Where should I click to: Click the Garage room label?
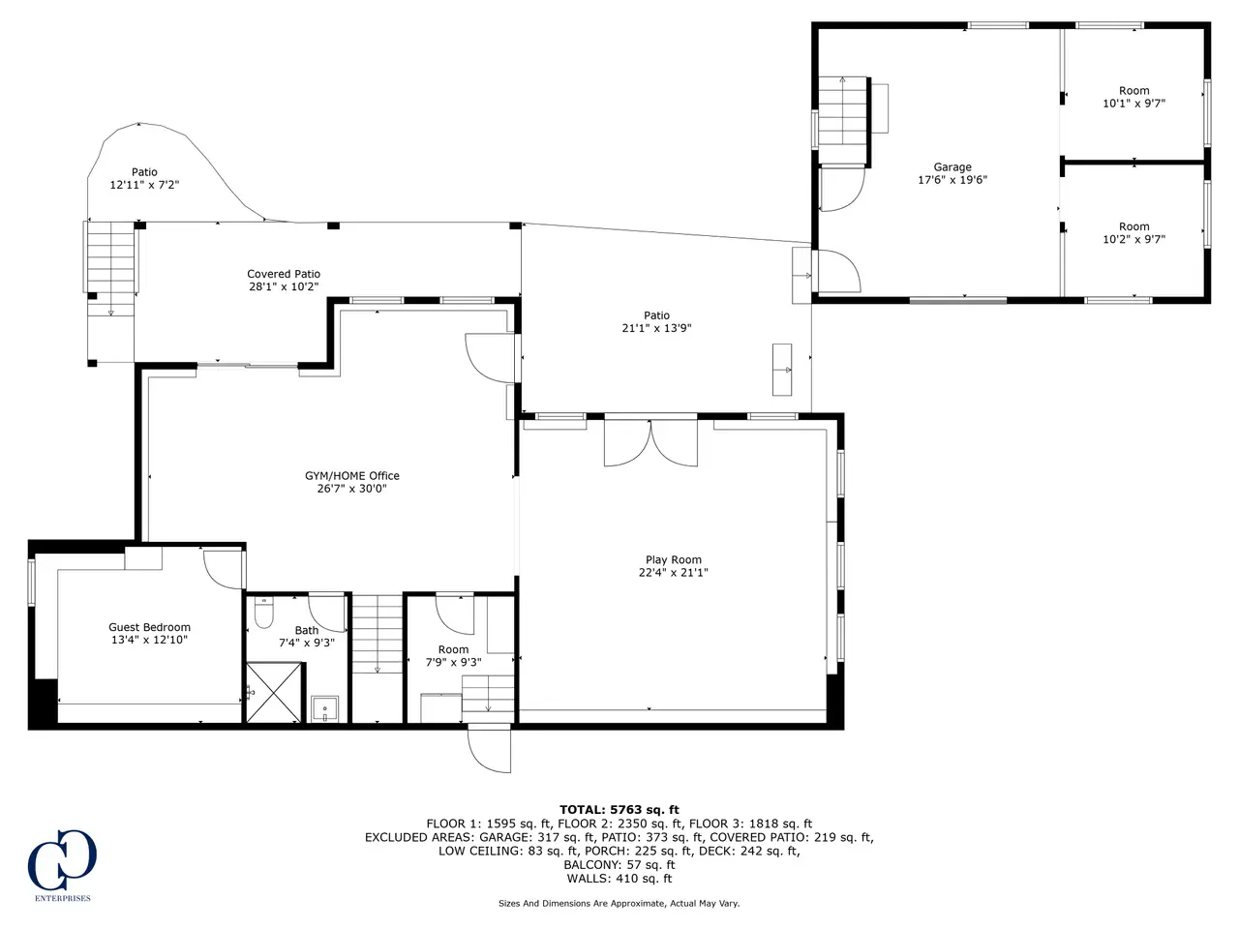(952, 167)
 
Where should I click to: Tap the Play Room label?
(674, 559)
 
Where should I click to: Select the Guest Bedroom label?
(150, 627)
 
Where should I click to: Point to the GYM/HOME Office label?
(351, 475)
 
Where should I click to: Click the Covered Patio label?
(284, 274)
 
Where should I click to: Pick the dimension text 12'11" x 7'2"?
(144, 185)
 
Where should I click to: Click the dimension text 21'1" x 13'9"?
(656, 328)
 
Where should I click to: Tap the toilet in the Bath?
(263, 613)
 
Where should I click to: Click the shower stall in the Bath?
(274, 693)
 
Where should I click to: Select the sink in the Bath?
(325, 709)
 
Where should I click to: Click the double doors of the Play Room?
(650, 443)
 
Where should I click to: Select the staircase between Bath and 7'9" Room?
(378, 634)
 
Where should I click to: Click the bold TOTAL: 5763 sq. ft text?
(619, 810)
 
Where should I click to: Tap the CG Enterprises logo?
(62, 865)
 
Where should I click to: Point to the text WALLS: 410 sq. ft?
(619, 879)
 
